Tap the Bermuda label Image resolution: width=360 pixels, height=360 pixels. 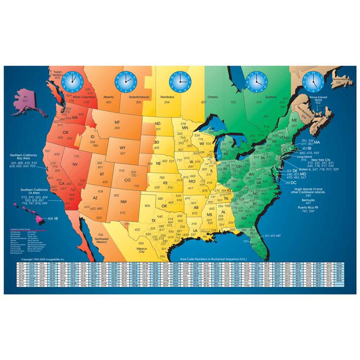coord(307,199)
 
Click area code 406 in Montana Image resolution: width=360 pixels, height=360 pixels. coord(117,128)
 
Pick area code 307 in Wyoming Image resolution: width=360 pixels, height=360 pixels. coord(122,153)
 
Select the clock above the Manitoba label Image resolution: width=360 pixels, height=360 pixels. coord(179,81)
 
